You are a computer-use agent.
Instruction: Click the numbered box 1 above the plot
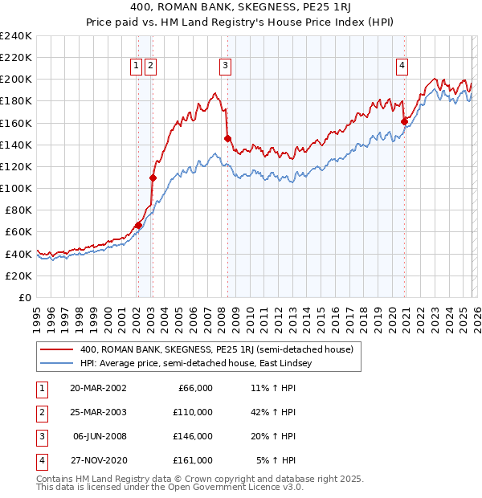click(137, 66)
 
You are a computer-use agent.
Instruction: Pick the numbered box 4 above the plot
click(402, 66)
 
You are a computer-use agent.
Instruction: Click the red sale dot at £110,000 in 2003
click(153, 178)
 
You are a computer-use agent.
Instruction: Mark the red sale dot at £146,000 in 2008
click(227, 138)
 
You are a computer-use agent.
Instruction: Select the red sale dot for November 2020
click(404, 122)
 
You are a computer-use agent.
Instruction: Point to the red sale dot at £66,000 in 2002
click(138, 226)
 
